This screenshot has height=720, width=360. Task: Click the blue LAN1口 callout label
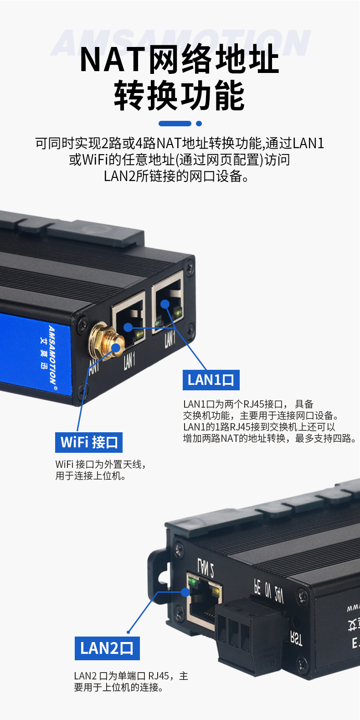[x=211, y=380]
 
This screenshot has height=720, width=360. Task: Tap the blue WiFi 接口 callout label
[x=89, y=442]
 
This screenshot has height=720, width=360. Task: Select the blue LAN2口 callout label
[x=107, y=648]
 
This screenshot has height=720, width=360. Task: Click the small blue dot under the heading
[x=199, y=124]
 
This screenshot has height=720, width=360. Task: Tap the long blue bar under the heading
[x=175, y=124]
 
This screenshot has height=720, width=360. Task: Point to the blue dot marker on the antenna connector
[x=116, y=348]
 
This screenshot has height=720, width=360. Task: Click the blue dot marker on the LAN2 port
[x=185, y=592]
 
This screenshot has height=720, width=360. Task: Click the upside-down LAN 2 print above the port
[x=206, y=566]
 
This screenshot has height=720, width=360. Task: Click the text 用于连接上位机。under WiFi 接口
[x=91, y=476]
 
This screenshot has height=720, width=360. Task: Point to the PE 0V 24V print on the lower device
[x=268, y=591]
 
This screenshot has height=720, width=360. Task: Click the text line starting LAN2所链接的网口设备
[x=176, y=176]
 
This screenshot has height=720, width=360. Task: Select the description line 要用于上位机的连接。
[x=118, y=688]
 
